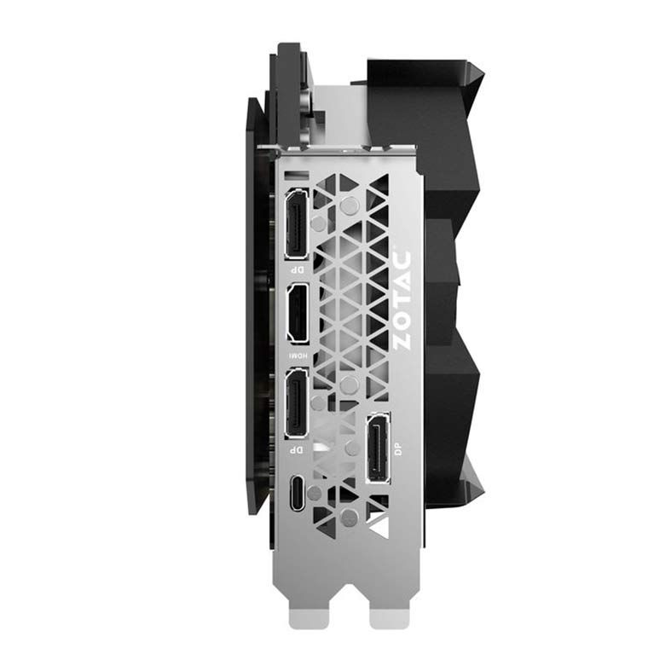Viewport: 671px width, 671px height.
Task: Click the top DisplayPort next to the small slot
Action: [x=296, y=224]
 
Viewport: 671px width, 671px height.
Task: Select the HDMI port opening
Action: [x=298, y=313]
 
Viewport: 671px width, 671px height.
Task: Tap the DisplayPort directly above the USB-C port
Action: [x=296, y=403]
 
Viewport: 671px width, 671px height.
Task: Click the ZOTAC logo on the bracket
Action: [x=402, y=300]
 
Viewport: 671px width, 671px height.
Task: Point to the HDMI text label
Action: [x=298, y=356]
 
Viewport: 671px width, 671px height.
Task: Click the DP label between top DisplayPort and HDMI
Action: [x=297, y=270]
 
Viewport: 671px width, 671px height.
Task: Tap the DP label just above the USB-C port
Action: [x=297, y=450]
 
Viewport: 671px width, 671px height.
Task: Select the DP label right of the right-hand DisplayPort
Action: [x=398, y=449]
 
